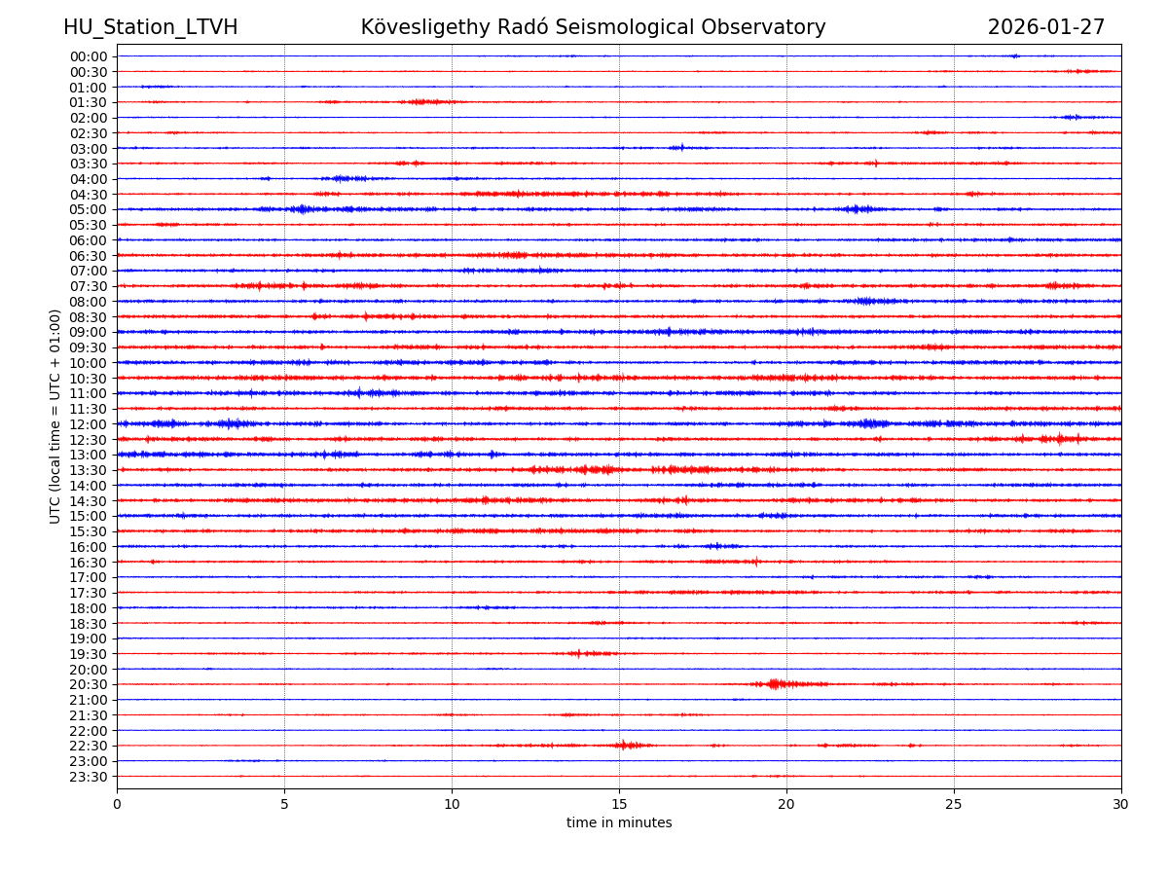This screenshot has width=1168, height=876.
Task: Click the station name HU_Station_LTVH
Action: click(x=150, y=27)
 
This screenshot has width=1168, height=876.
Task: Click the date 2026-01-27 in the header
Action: click(x=1045, y=27)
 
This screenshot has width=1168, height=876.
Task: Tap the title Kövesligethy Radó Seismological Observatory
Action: click(x=593, y=27)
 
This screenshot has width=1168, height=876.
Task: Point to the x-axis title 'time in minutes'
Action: click(x=619, y=823)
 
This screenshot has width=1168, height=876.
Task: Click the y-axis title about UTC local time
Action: click(x=55, y=416)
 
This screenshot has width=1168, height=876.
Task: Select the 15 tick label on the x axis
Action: click(x=619, y=805)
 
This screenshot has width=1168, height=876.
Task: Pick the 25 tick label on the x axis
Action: click(x=954, y=805)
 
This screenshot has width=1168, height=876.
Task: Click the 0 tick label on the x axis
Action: click(x=117, y=805)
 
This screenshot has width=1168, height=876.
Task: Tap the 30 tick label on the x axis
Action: click(x=1121, y=805)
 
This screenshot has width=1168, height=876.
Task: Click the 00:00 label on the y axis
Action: click(x=88, y=56)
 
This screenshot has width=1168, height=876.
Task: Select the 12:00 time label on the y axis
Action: click(x=88, y=424)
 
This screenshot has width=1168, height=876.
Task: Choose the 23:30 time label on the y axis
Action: click(x=88, y=777)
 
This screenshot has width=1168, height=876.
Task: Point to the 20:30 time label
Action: click(x=88, y=684)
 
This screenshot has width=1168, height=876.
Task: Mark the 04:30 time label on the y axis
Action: click(x=88, y=195)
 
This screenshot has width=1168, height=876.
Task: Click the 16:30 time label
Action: click(x=88, y=562)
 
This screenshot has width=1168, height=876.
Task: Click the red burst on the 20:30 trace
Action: click(x=777, y=684)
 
